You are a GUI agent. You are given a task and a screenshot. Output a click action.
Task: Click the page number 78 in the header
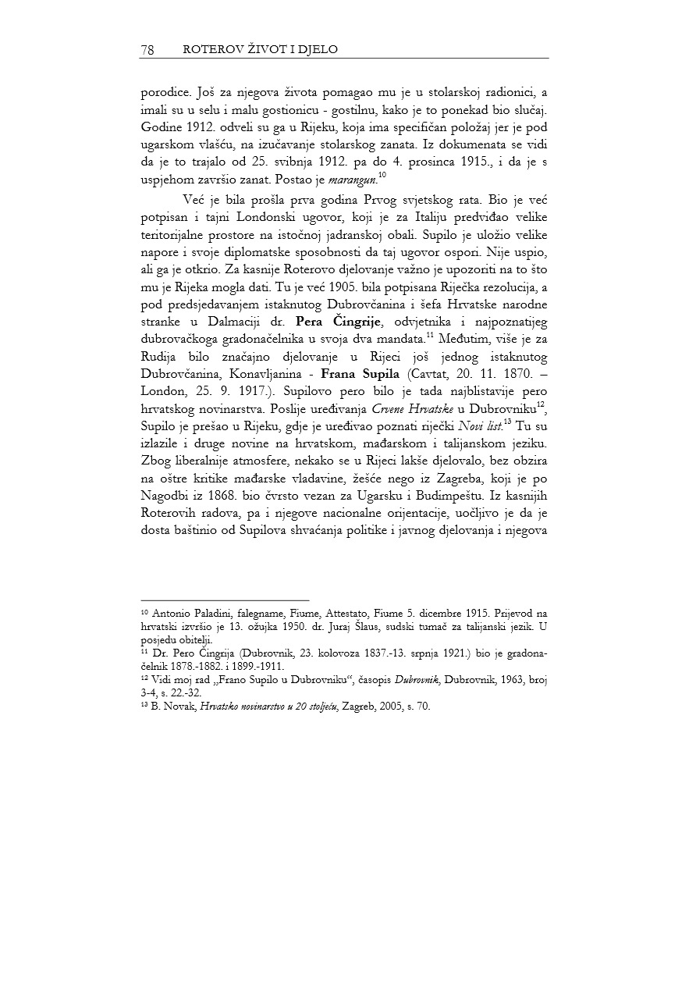[x=147, y=50]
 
